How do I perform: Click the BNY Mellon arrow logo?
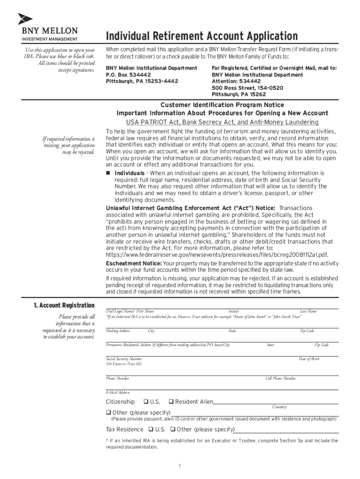[25, 19]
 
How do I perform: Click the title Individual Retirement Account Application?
[202, 36]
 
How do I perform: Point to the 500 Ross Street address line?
[247, 88]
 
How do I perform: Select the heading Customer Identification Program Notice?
[222, 105]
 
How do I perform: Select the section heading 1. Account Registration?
[64, 305]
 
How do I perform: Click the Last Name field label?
[308, 312]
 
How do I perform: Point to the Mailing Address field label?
[118, 331]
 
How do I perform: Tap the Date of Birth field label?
[309, 359]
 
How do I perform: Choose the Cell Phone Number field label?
[281, 378]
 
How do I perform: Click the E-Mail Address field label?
[118, 392]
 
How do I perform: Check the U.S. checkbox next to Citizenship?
[146, 402]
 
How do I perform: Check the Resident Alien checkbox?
[171, 402]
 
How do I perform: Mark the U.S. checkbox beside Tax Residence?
[151, 429]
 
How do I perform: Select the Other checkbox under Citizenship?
[108, 413]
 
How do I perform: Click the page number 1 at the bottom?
[180, 465]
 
